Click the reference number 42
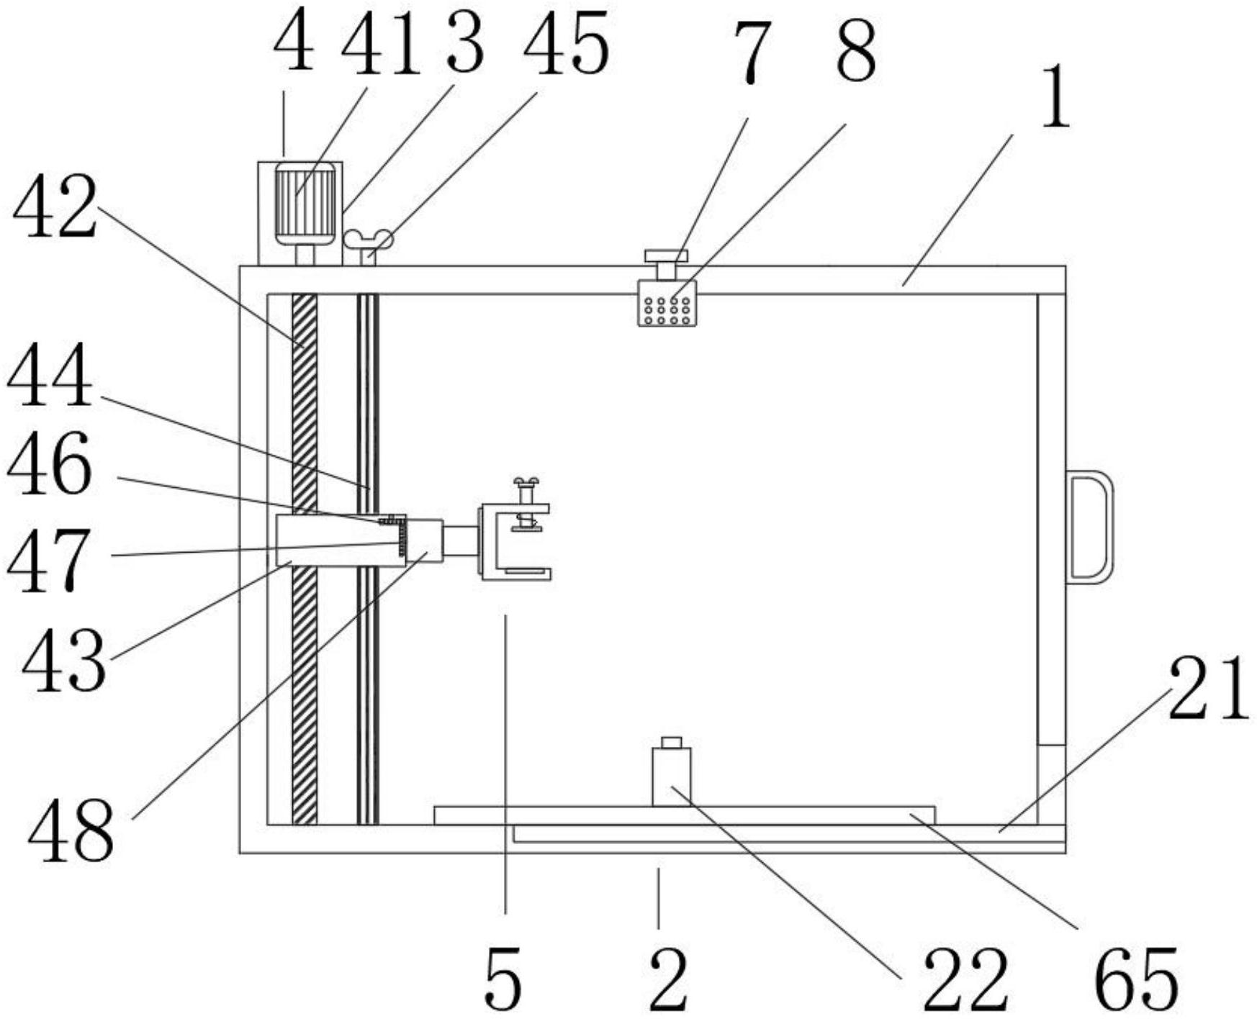click(x=55, y=209)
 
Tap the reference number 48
click(x=71, y=833)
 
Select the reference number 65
click(x=1136, y=980)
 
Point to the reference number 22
click(x=965, y=980)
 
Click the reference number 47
click(x=49, y=561)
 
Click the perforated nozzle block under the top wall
click(x=667, y=303)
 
